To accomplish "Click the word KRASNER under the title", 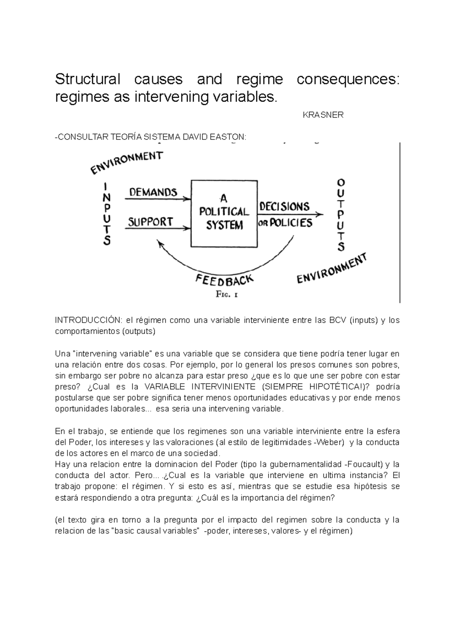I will pyautogui.click(x=323, y=115).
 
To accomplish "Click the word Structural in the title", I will pyautogui.click(x=87, y=80).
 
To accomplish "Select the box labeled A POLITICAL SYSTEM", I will pyautogui.click(x=224, y=214).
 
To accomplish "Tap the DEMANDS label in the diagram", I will pyautogui.click(x=153, y=192).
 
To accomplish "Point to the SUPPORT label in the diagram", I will pyautogui.click(x=150, y=222).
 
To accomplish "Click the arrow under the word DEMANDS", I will pyautogui.click(x=157, y=199).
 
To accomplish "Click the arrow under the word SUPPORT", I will pyautogui.click(x=157, y=228).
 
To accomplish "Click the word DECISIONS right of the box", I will pyautogui.click(x=284, y=207).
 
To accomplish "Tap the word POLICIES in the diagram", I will pyautogui.click(x=291, y=223).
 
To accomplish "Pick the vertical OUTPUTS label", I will pyautogui.click(x=341, y=215).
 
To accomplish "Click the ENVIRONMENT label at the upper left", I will pyautogui.click(x=127, y=162).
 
